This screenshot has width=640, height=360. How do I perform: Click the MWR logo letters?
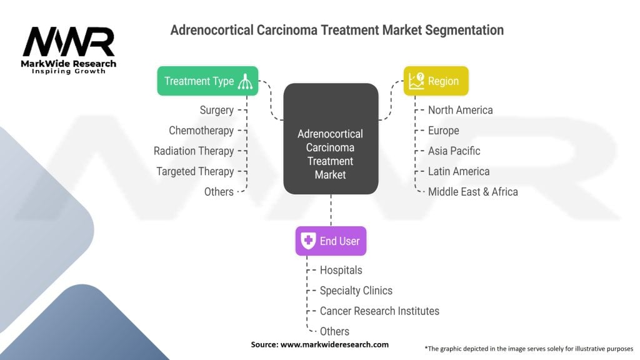(x=69, y=42)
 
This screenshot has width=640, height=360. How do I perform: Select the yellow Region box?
(x=436, y=81)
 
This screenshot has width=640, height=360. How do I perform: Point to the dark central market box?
(x=331, y=139)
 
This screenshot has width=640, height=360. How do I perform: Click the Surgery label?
(x=217, y=110)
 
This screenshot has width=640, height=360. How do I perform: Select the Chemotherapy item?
(x=201, y=131)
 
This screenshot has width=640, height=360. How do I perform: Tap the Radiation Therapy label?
(x=194, y=151)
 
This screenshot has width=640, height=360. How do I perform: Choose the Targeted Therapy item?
(x=195, y=171)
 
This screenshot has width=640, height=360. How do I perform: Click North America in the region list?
(x=460, y=110)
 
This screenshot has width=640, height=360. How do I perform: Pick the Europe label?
(x=443, y=131)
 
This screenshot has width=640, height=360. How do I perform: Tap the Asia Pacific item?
(x=454, y=151)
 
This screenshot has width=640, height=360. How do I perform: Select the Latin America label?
(x=459, y=171)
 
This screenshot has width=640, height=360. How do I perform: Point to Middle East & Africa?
(x=472, y=192)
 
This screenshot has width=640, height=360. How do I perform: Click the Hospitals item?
(x=341, y=270)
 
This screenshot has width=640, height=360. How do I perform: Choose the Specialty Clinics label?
(x=356, y=291)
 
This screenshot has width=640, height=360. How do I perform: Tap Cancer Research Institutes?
(x=379, y=311)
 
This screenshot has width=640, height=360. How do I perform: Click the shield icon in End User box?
(x=308, y=241)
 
